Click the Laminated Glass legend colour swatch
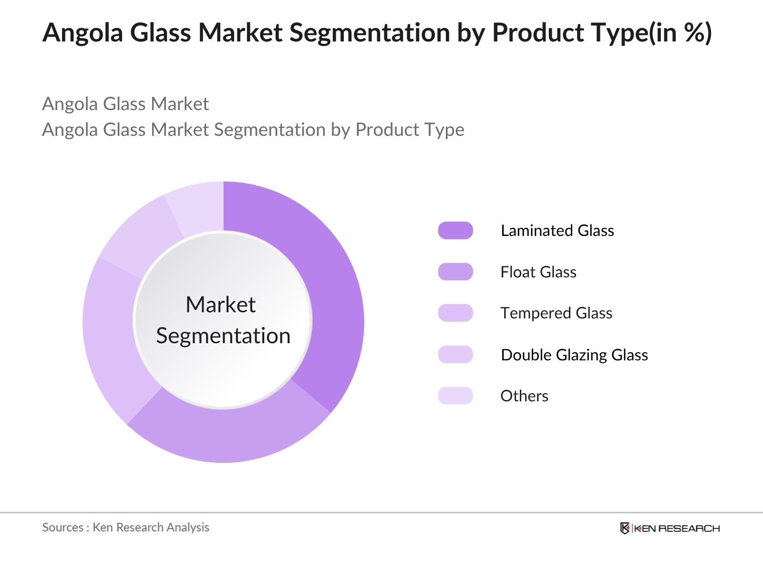455,230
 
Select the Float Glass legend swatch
455,272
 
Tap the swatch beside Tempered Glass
455,313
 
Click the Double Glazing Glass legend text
574,355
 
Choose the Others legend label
524,396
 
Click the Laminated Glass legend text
557,231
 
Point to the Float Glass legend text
538,272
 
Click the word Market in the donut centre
220,305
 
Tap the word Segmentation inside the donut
223,336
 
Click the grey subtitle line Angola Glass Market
125,104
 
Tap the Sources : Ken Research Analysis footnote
125,527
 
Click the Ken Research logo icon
625,528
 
